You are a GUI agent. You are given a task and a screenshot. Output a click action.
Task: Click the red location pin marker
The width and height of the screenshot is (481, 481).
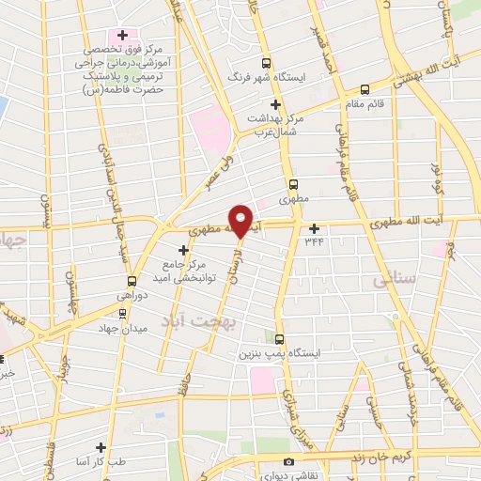[x=241, y=220]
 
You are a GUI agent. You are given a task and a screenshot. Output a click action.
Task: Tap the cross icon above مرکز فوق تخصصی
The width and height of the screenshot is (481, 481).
[x=122, y=35]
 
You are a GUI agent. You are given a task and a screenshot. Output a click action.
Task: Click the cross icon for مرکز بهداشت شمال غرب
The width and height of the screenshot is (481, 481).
[x=275, y=104]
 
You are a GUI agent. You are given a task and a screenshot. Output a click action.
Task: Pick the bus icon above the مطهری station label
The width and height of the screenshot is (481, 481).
[x=295, y=184]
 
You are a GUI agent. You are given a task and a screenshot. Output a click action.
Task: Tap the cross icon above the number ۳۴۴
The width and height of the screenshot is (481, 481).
[x=314, y=227]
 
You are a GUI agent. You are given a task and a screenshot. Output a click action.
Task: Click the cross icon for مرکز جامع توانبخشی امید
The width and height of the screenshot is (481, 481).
[x=183, y=250]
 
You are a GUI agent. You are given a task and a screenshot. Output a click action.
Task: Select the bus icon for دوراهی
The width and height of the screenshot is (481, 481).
[x=132, y=280]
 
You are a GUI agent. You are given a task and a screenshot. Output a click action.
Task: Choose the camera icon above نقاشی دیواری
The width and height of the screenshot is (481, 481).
[x=288, y=461]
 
